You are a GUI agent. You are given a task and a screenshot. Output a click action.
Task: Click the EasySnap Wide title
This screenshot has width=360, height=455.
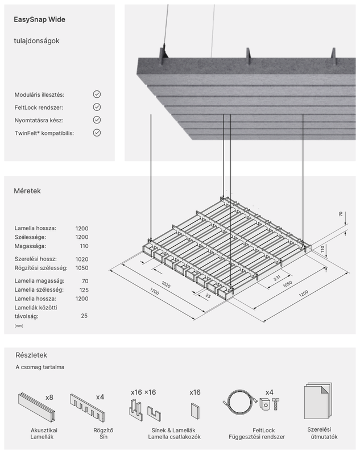(39, 19)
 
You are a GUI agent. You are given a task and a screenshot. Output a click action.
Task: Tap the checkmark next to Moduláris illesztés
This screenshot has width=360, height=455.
(97, 94)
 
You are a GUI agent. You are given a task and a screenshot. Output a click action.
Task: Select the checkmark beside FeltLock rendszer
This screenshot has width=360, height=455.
(97, 107)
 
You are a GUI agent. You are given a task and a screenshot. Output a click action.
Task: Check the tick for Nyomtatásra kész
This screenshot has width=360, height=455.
(97, 120)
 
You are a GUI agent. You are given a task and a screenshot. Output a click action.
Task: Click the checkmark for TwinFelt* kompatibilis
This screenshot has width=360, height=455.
(97, 133)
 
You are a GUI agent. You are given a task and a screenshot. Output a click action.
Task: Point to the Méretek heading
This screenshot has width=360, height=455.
(27, 191)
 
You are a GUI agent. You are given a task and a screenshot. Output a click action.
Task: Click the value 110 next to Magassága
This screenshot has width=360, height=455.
(84, 246)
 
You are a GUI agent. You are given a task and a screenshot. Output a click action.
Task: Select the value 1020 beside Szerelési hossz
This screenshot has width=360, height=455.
(82, 259)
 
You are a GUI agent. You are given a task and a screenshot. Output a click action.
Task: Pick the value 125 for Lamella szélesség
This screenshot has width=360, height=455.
(84, 290)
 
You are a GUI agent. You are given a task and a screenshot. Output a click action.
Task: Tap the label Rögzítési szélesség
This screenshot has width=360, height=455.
(41, 268)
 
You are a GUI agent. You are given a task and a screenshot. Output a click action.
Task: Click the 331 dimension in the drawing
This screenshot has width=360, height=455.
(277, 278)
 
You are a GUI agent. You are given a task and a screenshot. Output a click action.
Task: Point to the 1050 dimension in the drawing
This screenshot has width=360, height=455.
(287, 284)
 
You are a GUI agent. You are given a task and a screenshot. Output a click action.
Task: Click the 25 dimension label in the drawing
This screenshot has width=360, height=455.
(208, 296)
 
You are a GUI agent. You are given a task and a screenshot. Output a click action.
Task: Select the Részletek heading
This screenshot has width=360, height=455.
(31, 355)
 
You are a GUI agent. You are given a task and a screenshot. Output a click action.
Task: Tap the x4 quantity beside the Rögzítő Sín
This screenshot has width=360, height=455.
(100, 397)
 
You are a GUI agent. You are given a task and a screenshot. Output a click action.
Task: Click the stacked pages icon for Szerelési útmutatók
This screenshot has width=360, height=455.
(318, 401)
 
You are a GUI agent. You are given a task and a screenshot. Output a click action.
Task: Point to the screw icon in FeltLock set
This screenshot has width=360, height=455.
(276, 404)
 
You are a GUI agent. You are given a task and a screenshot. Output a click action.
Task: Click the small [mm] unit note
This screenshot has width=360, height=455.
(19, 326)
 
